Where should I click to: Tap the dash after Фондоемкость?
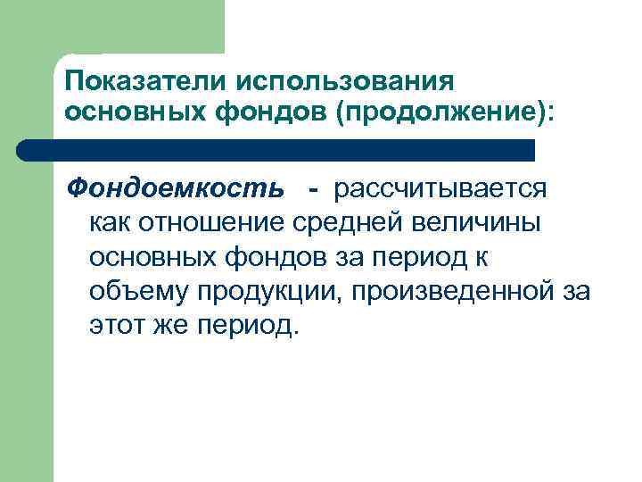312,189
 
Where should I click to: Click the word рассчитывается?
441,189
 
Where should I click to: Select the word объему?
130,291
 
